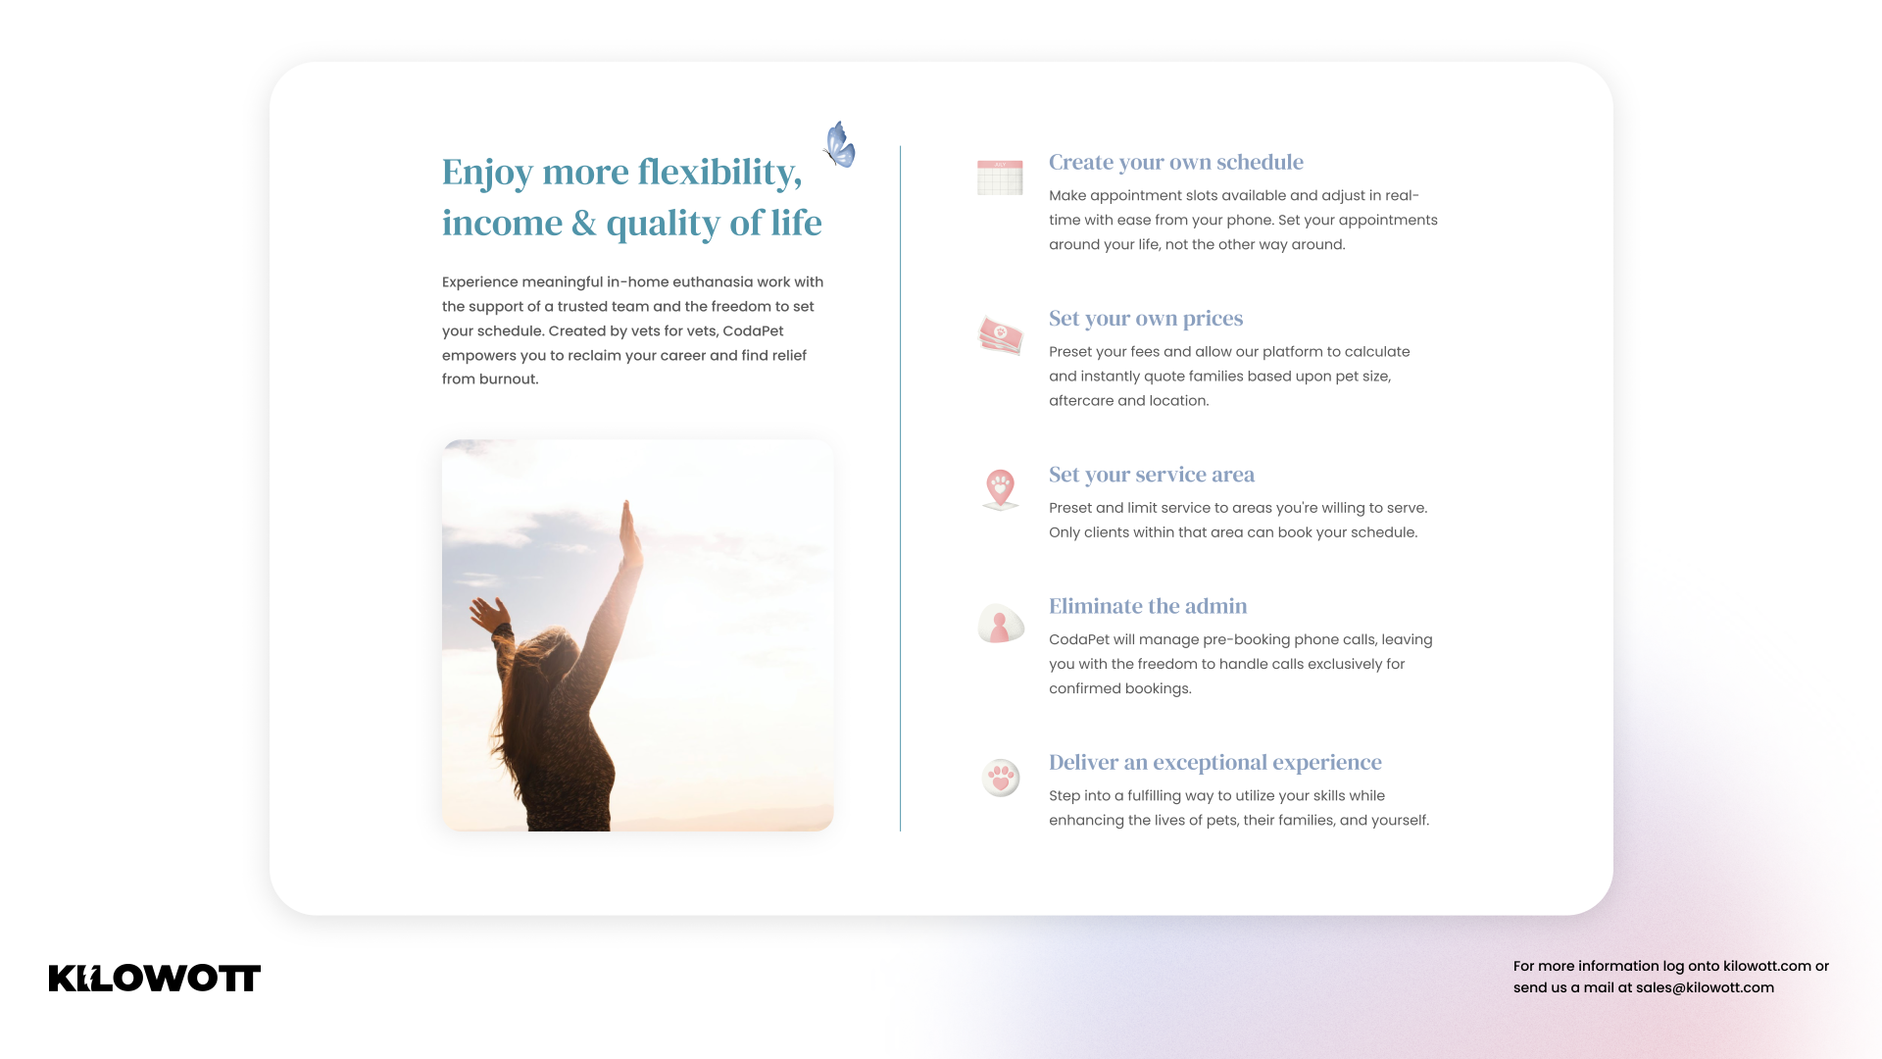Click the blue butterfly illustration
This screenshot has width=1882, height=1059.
point(839,144)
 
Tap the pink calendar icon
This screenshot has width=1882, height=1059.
point(1000,177)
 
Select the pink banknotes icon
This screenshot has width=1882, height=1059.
point(1000,335)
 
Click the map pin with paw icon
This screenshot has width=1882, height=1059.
point(1000,489)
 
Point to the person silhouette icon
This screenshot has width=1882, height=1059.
point(1001,624)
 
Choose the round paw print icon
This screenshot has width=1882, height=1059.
point(1001,778)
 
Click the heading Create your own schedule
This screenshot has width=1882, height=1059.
point(1176,162)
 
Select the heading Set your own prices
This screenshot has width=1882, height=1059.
point(1146,319)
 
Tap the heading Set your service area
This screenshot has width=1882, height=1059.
point(1152,475)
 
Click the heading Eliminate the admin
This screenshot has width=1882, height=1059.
point(1148,606)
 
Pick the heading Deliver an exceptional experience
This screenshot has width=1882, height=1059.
point(1215,762)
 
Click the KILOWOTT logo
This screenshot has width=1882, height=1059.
point(155,978)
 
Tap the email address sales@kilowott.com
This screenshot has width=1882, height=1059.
point(1705,987)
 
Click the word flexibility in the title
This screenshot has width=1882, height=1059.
point(719,172)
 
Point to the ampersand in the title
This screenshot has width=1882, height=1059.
point(584,223)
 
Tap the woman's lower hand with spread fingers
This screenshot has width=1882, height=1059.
point(487,615)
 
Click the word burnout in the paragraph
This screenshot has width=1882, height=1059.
point(508,379)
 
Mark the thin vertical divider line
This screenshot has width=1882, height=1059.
point(900,488)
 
